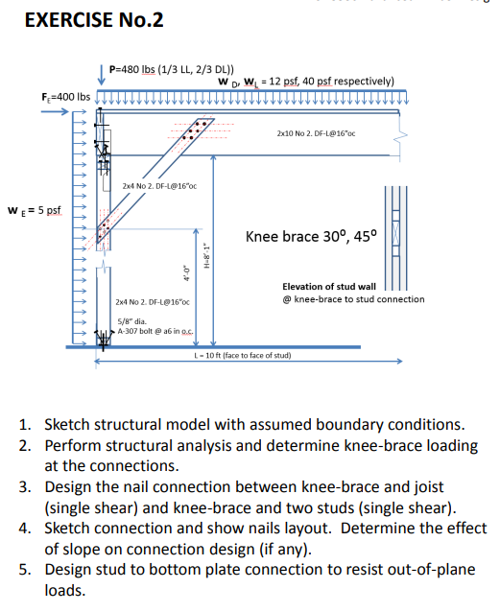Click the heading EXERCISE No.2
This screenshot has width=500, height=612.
pos(83,21)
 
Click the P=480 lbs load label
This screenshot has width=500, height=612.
pos(170,69)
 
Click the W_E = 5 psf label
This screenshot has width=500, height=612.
pos(34,211)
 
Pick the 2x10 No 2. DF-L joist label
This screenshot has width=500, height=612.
pos(315,134)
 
